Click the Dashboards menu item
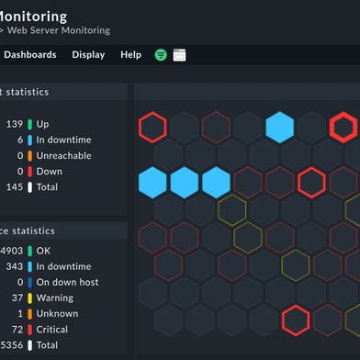coord(29,54)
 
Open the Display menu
coord(88,54)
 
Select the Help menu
coord(130,54)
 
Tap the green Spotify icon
coord(161,55)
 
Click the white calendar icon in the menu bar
coord(179,55)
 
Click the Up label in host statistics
coord(43,124)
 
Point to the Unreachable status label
coord(63,155)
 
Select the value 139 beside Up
coord(14,124)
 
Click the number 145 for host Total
coord(14,186)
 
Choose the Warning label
coord(55,298)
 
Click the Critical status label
coord(52,329)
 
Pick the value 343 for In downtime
coord(14,266)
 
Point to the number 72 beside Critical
coord(17,329)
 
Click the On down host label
coord(67,282)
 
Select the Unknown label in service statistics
coord(57,313)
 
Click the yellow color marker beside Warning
coord(30,298)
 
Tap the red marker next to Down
coord(30,171)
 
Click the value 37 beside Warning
coord(17,298)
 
